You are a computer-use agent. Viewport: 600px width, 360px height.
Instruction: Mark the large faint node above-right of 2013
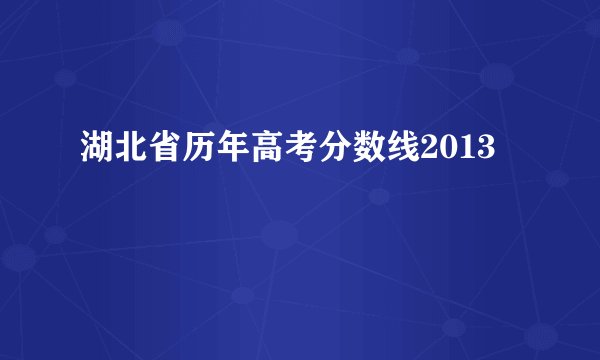pos(497,76)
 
